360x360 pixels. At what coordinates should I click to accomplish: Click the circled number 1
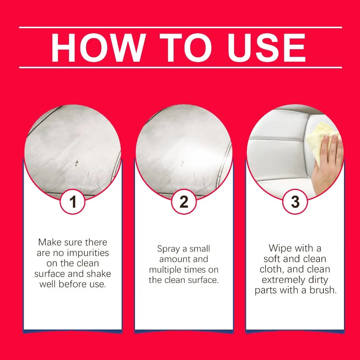[73, 202]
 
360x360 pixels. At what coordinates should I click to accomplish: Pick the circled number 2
[184, 202]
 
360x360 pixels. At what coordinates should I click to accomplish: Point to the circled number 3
[295, 202]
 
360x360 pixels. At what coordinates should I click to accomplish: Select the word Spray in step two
[168, 249]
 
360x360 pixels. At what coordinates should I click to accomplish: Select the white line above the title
[180, 27]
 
